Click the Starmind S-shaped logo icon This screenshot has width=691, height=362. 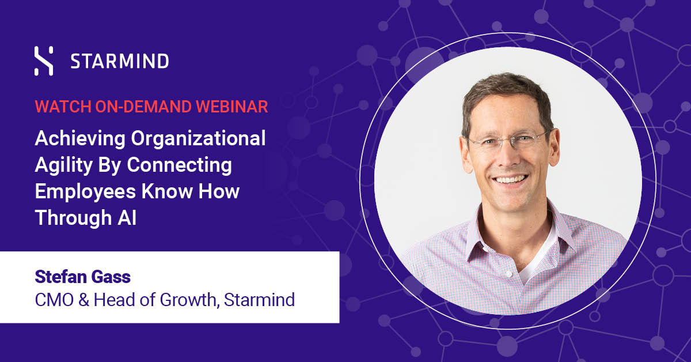(x=44, y=61)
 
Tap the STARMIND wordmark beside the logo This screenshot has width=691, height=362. (x=120, y=61)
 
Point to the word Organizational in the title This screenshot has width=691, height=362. (x=198, y=139)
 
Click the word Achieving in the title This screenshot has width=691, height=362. (x=80, y=139)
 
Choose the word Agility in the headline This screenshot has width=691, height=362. (x=64, y=165)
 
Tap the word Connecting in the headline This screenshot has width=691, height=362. (x=179, y=165)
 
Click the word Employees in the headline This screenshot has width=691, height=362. (x=85, y=192)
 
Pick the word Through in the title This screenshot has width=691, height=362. (x=74, y=218)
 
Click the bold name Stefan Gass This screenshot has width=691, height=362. (x=83, y=277)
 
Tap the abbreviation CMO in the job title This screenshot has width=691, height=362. (x=54, y=300)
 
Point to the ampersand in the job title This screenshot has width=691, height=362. (x=83, y=300)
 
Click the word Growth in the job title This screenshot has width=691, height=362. (x=188, y=300)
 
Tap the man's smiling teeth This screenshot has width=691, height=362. (x=510, y=179)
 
